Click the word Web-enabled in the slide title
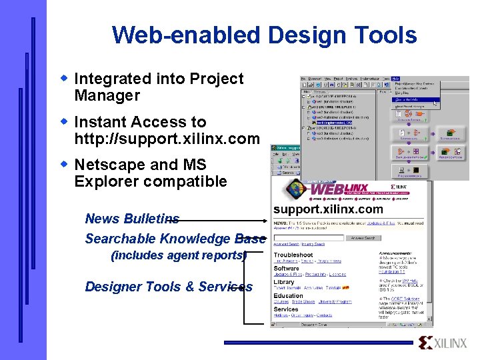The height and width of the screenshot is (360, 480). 175,35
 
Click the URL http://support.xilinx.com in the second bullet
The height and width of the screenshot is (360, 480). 167,139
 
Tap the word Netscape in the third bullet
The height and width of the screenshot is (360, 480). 107,165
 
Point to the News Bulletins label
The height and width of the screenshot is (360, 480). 132,219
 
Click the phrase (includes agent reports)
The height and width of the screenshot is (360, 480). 178,255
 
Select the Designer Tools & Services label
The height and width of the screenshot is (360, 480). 169,287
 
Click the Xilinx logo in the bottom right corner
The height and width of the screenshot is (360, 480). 443,343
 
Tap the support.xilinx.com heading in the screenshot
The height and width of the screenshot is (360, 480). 328,209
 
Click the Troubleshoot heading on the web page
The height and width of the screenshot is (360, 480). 293,255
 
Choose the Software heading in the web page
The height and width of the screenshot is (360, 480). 287,269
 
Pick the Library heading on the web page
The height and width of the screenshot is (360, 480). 284,282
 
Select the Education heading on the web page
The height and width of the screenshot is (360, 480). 288,296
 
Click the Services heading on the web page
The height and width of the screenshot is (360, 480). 286,309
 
